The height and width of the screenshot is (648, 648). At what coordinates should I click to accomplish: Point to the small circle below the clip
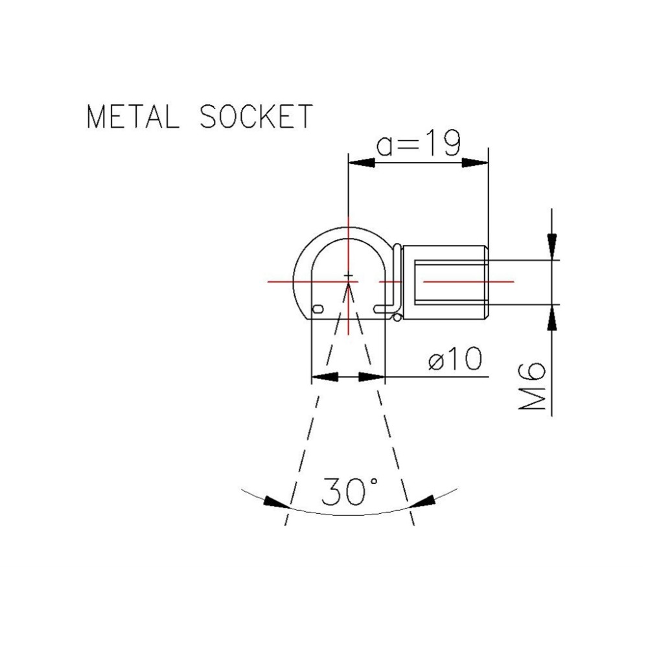click(397, 317)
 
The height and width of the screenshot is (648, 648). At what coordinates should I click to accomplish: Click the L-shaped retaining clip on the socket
click(396, 279)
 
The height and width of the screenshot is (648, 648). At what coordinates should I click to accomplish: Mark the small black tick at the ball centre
click(349, 277)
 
